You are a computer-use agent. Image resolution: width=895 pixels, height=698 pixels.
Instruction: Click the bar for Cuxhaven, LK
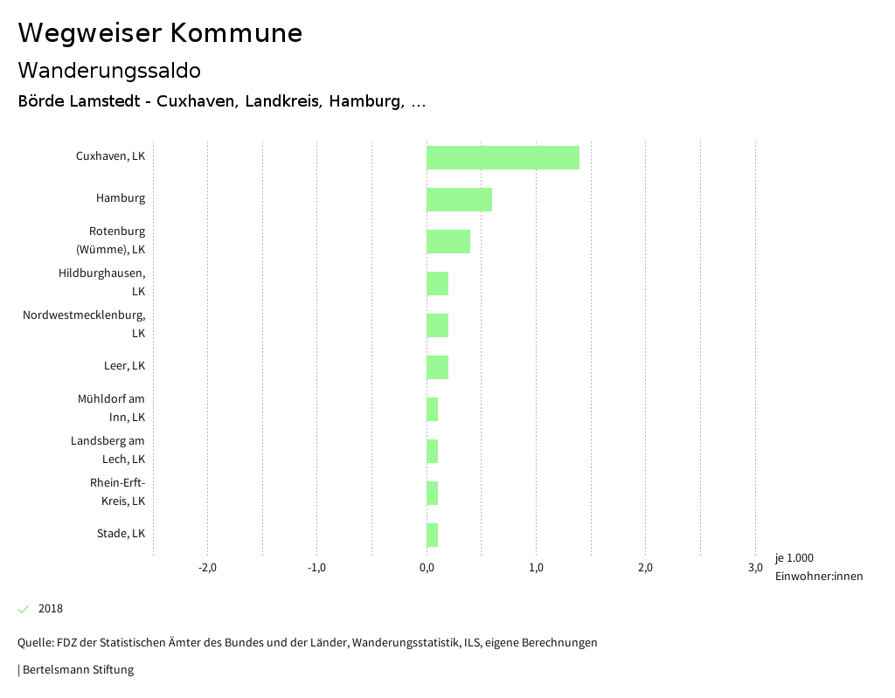tap(503, 157)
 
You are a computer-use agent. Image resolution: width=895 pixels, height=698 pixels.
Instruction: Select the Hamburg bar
tap(459, 199)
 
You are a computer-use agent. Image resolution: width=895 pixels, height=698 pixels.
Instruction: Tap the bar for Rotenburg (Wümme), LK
tap(448, 241)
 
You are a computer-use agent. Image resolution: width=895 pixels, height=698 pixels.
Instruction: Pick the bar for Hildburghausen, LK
tap(437, 283)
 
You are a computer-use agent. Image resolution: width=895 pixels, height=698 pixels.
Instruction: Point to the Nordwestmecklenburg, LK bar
tap(437, 325)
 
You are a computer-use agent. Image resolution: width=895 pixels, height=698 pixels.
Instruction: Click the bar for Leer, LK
tap(437, 367)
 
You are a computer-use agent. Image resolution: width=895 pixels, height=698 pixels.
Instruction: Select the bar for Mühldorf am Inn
tap(432, 409)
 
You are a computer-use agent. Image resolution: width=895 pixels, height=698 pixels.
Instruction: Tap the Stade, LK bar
tap(432, 535)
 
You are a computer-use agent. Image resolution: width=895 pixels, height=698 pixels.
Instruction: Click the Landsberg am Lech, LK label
tap(108, 450)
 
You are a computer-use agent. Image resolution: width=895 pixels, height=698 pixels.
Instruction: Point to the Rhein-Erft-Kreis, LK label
tap(117, 492)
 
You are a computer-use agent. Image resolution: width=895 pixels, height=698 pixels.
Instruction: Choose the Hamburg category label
tap(121, 198)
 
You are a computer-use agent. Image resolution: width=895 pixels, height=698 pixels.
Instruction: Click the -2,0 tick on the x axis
tap(208, 568)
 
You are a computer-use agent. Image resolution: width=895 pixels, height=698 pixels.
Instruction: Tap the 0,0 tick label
tap(427, 568)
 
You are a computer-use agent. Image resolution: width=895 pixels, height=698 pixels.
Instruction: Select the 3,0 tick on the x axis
tap(755, 568)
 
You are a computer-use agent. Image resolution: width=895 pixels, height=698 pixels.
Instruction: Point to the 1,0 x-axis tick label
tap(536, 568)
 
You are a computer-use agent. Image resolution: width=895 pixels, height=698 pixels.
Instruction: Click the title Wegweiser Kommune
tap(160, 33)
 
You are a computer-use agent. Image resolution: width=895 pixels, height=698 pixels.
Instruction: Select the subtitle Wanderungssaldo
tap(109, 70)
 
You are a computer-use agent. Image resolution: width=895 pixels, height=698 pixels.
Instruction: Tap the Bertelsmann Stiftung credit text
tap(77, 670)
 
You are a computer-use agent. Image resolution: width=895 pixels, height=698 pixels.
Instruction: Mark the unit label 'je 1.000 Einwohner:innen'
tap(818, 567)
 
